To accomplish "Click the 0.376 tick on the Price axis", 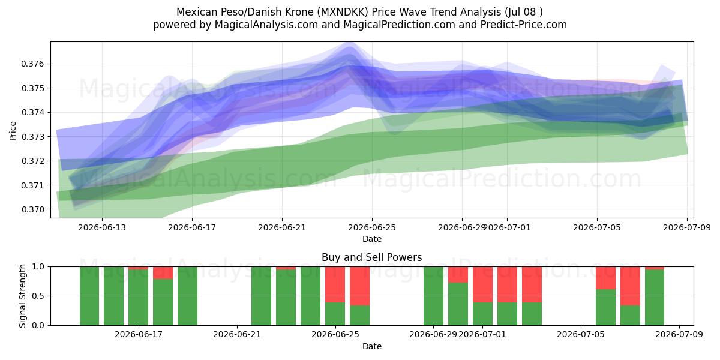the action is point(32,64).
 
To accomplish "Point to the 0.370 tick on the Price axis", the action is point(32,209).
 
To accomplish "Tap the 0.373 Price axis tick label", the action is point(32,137).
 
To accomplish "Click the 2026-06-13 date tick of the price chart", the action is point(102,227).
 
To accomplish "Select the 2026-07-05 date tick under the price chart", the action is point(597,227).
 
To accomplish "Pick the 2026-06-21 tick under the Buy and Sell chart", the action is point(237,335).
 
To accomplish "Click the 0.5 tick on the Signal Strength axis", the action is point(38,296).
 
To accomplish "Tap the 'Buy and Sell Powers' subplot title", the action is point(372,257).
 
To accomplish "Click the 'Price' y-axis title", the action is point(13,131).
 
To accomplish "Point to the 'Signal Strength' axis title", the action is point(22,296).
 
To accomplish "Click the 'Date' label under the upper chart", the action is point(372,239).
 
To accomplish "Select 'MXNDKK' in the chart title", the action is point(343,12).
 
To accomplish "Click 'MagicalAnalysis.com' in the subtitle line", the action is point(266,25).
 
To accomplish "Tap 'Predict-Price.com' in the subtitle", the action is point(524,25).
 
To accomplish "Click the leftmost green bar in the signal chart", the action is point(89,296).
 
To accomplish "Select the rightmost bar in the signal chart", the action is point(655,296).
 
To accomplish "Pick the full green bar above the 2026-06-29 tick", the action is point(433,296).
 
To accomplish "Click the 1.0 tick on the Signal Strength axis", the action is point(38,266).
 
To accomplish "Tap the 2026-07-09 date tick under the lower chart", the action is point(679,335).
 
